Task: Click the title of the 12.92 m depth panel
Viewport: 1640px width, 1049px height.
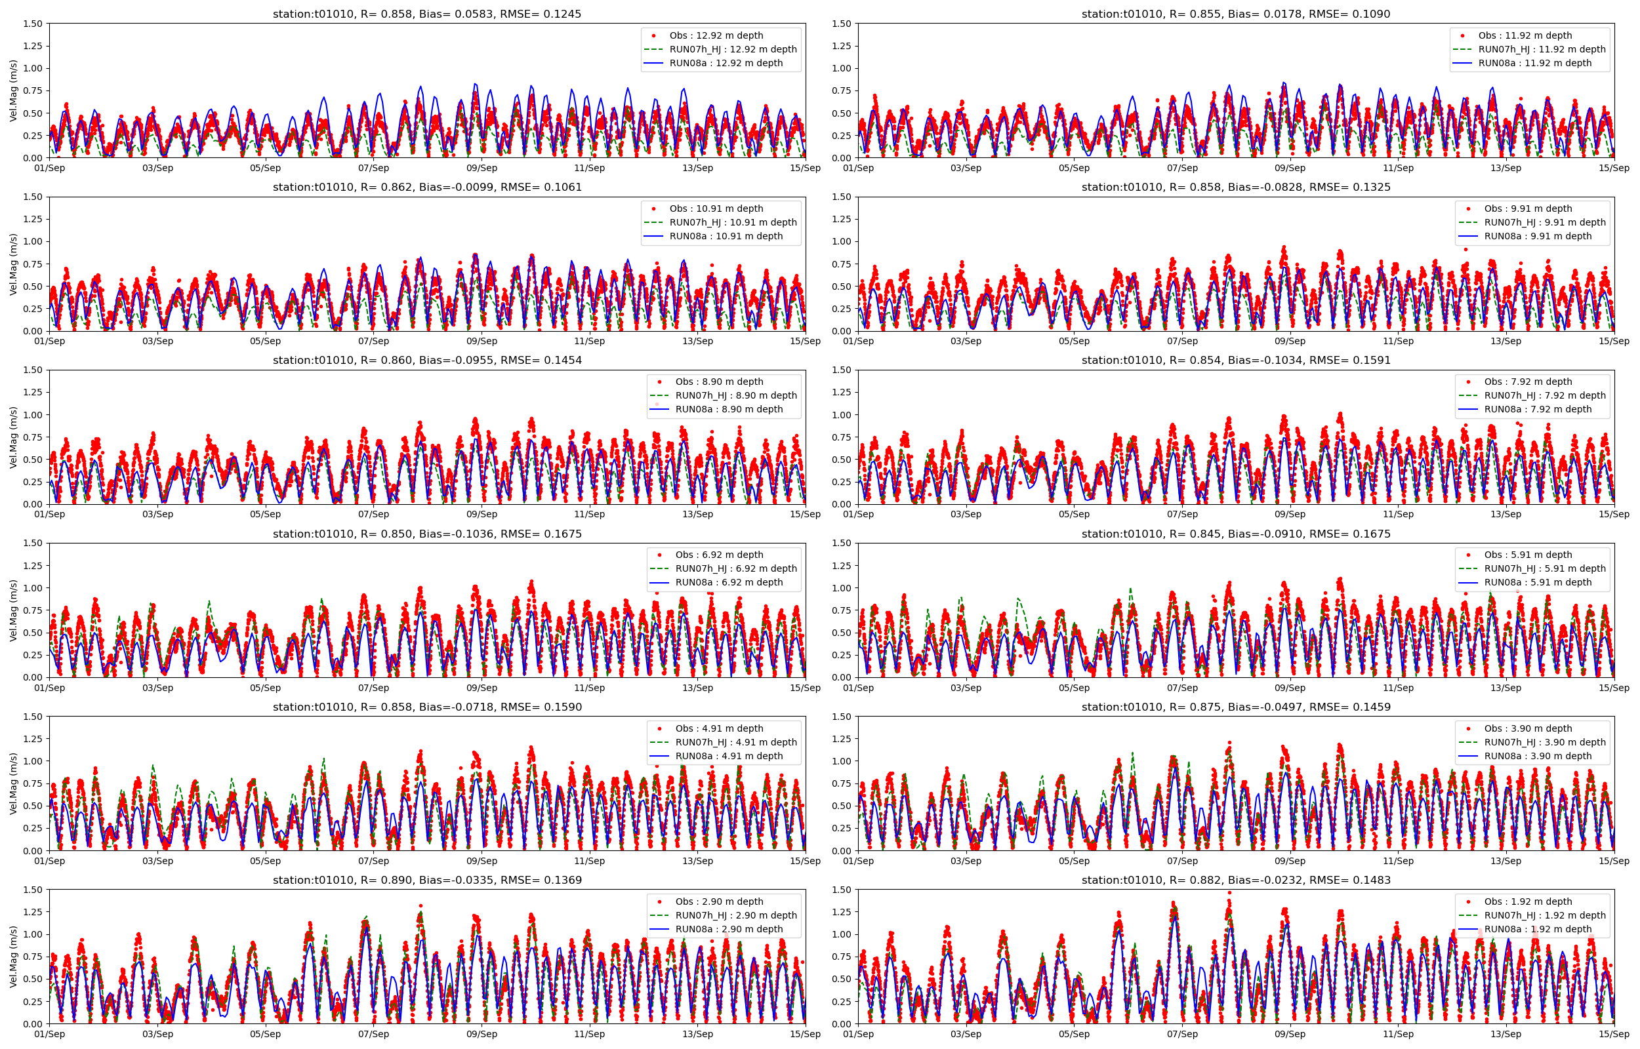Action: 426,14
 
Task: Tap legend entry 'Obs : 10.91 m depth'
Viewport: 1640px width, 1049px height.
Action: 716,208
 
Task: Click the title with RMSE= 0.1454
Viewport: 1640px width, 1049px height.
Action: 426,361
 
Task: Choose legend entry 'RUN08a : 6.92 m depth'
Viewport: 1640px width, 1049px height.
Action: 722,582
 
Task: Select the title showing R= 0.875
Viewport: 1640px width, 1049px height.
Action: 1235,707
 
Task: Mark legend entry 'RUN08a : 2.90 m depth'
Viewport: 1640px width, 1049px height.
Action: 722,929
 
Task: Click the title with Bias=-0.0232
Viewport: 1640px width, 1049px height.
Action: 1235,880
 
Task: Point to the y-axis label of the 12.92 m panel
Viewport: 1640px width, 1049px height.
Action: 14,90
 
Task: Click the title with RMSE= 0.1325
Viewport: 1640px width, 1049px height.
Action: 1235,188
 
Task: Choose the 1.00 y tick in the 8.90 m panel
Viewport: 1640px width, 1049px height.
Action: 33,415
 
